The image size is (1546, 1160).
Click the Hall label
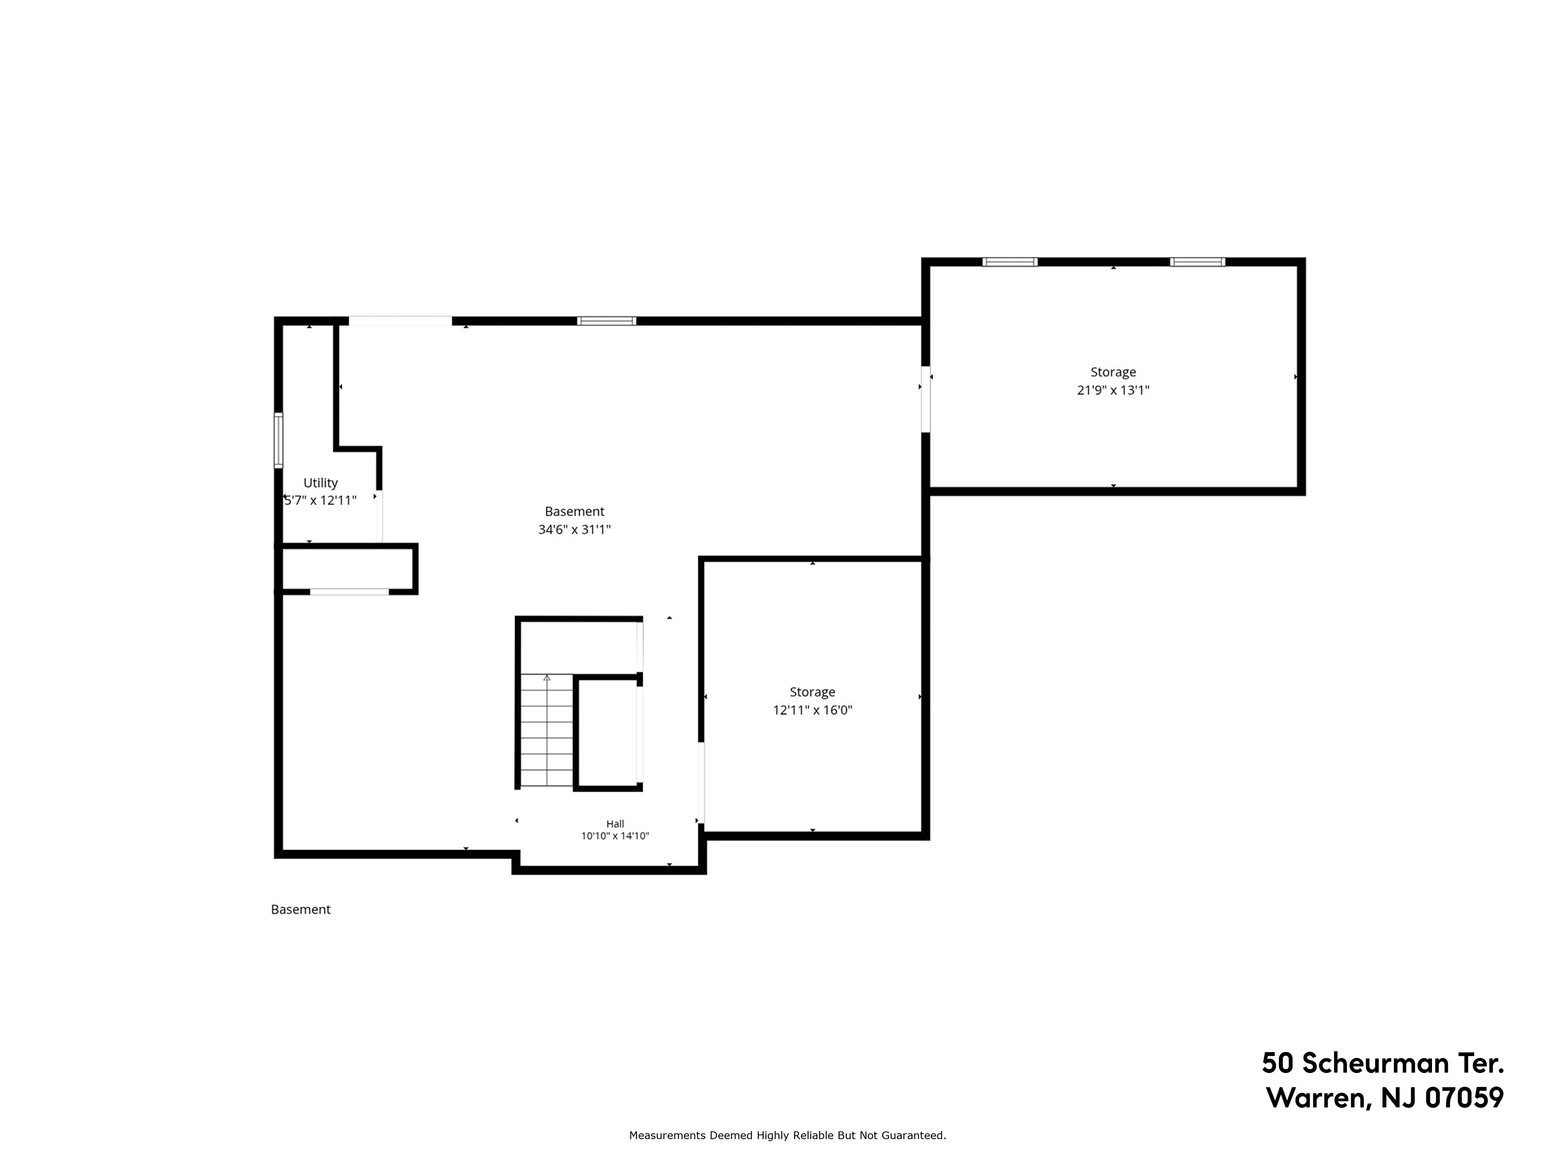(615, 824)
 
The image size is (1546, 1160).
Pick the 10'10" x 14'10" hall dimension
(615, 836)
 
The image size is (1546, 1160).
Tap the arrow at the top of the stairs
(547, 677)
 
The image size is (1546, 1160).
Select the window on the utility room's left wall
(278, 440)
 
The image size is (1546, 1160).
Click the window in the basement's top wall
(607, 321)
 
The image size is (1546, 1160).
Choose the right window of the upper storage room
(1197, 262)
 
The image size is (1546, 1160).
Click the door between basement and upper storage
(925, 399)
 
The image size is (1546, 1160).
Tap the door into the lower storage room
(701, 783)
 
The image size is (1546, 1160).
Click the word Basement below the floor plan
(301, 909)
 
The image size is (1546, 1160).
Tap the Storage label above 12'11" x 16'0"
(812, 692)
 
